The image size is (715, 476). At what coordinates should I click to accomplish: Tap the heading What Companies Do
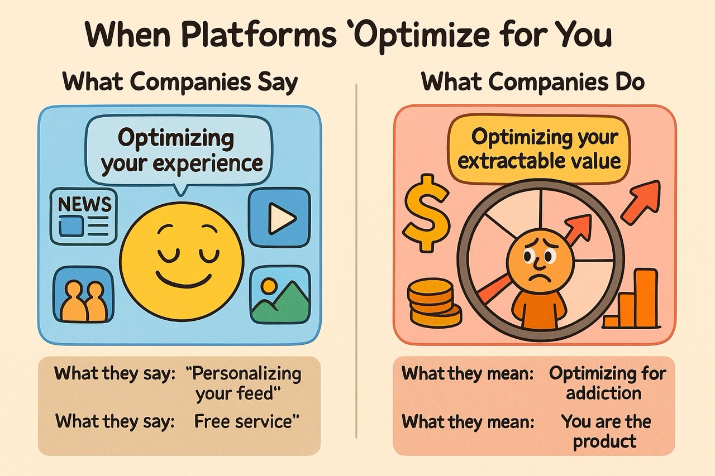click(x=533, y=83)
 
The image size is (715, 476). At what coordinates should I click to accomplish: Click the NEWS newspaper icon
click(x=84, y=217)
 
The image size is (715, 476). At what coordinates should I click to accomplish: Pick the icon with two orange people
click(x=84, y=295)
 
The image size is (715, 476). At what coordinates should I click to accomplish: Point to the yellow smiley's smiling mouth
click(x=183, y=280)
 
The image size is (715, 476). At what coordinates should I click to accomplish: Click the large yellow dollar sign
click(x=426, y=213)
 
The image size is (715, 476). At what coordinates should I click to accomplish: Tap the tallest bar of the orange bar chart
click(x=646, y=299)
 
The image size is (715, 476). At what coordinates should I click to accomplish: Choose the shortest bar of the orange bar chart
click(x=611, y=322)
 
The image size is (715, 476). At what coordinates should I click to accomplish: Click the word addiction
click(x=604, y=393)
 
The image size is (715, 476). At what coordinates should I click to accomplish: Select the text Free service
click(x=247, y=421)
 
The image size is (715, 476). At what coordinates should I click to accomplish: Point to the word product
click(x=604, y=441)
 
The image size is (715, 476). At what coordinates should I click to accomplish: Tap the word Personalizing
click(x=243, y=374)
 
